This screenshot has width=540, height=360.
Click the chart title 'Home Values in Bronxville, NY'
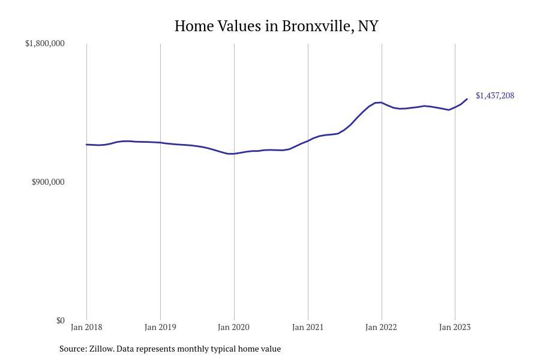pos(277,26)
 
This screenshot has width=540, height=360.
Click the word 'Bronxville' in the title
pos(317,26)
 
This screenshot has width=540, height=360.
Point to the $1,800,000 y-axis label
pos(45,44)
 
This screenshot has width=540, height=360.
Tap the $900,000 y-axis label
pos(48,182)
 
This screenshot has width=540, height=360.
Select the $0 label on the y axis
pos(61,320)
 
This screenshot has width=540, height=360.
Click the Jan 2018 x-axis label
pos(86,327)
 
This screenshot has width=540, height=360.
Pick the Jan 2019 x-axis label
pos(160,327)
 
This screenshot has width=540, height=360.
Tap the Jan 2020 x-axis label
pos(234,327)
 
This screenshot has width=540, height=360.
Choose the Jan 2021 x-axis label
pos(308,327)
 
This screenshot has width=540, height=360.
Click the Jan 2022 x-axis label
pos(382,327)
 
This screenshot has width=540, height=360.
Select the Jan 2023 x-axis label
pos(455,327)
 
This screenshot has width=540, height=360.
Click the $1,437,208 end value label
pos(495,96)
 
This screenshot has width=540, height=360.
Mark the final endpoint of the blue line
pos(467,99)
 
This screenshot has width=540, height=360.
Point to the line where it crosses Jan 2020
pos(234,154)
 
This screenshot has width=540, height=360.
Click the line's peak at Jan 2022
pos(380,103)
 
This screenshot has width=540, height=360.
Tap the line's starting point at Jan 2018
pos(87,145)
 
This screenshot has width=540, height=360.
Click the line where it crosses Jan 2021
pos(308,141)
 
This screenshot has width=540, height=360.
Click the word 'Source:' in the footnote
pos(73,349)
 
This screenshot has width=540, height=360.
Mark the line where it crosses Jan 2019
pos(160,143)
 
